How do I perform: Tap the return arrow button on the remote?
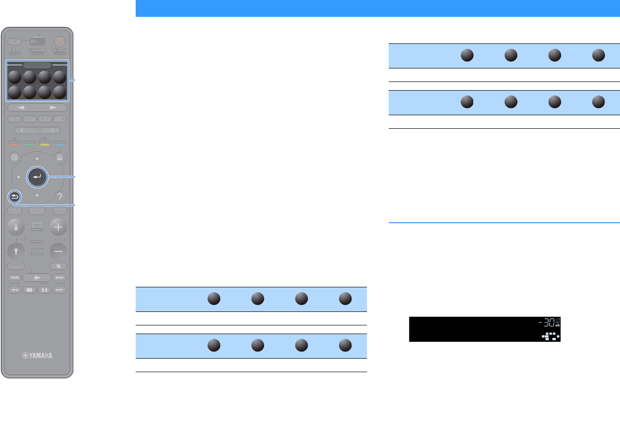pyautogui.click(x=14, y=197)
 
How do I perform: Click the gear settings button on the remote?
pyautogui.click(x=14, y=158)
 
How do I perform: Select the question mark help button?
pyautogui.click(x=60, y=197)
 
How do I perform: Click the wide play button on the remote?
pyautogui.click(x=37, y=278)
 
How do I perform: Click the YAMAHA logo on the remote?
pyautogui.click(x=37, y=356)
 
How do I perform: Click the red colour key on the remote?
pyautogui.click(x=14, y=143)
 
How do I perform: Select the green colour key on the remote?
pyautogui.click(x=29, y=143)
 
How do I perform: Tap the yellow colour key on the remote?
pyautogui.click(x=44, y=143)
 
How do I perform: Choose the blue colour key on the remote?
pyautogui.click(x=60, y=143)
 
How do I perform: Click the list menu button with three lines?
pyautogui.click(x=60, y=158)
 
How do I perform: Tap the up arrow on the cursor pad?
pyautogui.click(x=37, y=158)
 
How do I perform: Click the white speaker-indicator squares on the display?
pyautogui.click(x=550, y=336)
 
